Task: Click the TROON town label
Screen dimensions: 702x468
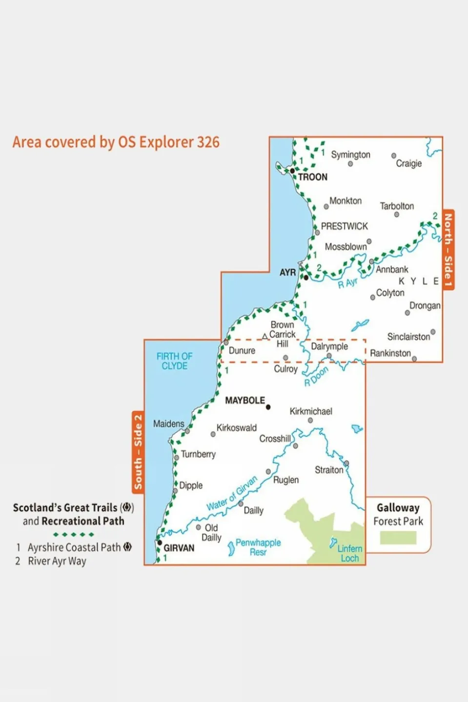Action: (312, 177)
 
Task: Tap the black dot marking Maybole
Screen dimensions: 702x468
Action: (268, 407)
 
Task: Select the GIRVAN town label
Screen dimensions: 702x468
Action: (179, 548)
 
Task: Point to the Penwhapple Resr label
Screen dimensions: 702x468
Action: (258, 547)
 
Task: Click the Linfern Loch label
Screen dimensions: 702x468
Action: (350, 553)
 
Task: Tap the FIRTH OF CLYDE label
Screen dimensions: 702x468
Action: (174, 361)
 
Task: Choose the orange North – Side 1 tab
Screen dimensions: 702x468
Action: (448, 250)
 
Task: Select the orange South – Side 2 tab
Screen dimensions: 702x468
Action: (138, 452)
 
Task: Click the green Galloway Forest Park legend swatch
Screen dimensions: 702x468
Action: (398, 538)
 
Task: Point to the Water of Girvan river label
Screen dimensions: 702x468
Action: (232, 493)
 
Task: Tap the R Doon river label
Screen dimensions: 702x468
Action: (317, 377)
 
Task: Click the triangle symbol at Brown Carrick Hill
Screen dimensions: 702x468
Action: (265, 336)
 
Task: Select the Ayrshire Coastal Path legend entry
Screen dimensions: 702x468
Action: (74, 547)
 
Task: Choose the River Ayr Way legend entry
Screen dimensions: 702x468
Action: (57, 561)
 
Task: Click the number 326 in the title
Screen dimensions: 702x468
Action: (208, 142)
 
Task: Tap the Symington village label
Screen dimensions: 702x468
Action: (350, 155)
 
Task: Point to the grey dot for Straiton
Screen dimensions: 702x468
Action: (346, 463)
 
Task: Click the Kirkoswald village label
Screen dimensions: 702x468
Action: (236, 428)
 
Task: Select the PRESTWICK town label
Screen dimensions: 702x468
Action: (344, 226)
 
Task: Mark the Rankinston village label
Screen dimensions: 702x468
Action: (390, 353)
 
